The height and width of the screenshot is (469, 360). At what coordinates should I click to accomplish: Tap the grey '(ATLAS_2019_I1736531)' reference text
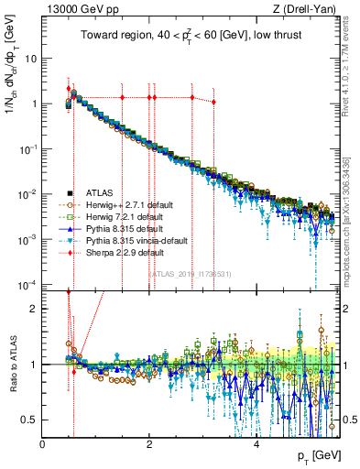pos(191,273)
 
